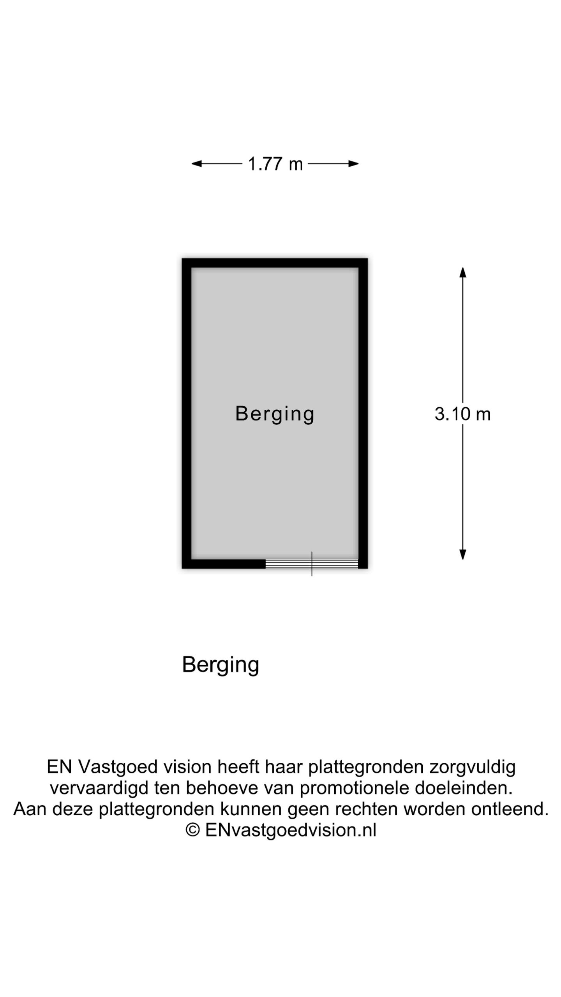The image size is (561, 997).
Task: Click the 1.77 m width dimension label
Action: tap(275, 164)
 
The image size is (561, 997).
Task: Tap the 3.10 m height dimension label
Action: tap(462, 414)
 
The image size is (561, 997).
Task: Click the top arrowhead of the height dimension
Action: tap(463, 272)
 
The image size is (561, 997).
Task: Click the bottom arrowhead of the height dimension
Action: tap(463, 555)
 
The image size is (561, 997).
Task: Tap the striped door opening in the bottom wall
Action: tap(312, 564)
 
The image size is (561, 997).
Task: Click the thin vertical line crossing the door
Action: tap(312, 564)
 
